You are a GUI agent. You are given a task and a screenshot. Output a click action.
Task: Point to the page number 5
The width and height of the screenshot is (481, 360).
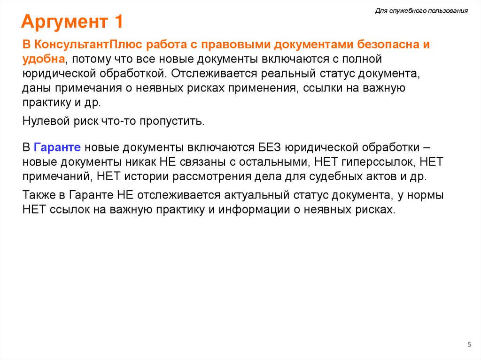[469, 345]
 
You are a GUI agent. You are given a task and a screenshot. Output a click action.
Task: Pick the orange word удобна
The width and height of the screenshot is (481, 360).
[43, 59]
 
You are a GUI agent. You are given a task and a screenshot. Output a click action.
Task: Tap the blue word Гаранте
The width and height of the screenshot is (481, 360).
[58, 147]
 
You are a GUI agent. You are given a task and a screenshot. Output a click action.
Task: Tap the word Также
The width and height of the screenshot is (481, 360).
[38, 195]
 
